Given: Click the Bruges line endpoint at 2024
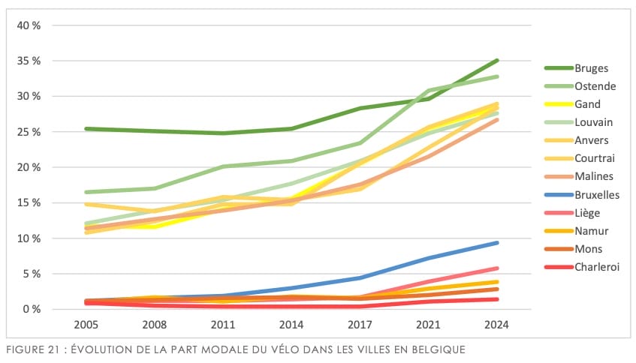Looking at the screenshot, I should pos(497,61).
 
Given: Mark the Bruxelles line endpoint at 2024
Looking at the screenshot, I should pos(497,242).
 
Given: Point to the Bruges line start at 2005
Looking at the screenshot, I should pos(88,129).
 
